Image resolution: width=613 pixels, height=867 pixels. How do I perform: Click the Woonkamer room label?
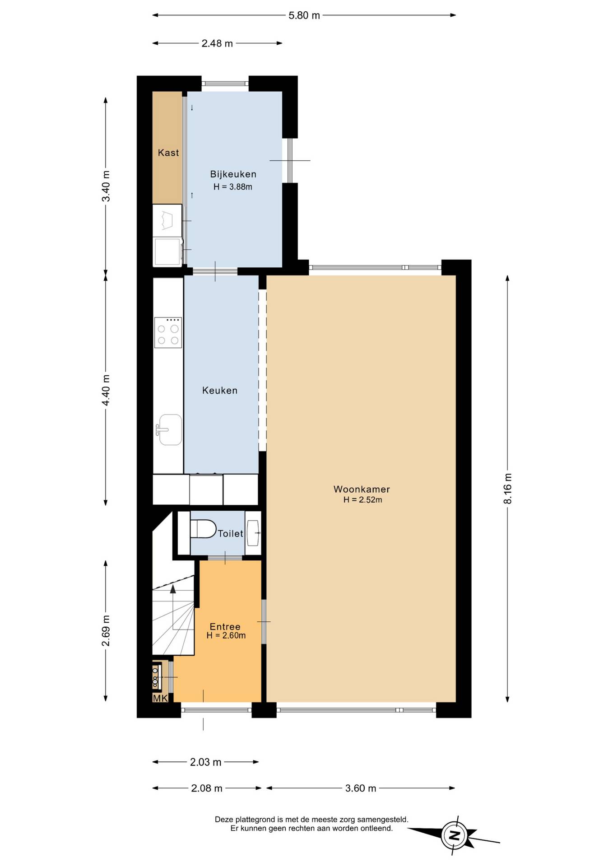click(x=362, y=489)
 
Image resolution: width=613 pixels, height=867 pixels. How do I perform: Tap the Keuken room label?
click(x=220, y=391)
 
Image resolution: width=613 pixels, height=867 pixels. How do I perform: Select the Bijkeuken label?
click(x=233, y=174)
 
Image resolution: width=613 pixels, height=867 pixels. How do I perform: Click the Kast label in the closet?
click(x=168, y=153)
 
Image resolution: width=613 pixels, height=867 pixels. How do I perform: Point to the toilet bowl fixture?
click(x=203, y=529)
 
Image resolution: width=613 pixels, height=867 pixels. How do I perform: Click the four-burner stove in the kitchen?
click(x=168, y=333)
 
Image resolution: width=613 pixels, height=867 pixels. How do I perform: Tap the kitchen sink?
click(x=170, y=429)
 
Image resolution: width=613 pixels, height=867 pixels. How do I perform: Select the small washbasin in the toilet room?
click(x=253, y=533)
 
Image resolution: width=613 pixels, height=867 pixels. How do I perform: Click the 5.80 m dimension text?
click(x=304, y=15)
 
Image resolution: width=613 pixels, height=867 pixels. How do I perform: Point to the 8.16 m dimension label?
click(x=508, y=489)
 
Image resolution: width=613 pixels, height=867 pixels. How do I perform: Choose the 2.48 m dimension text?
click(x=217, y=43)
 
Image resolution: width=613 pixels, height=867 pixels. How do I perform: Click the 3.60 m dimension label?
click(x=361, y=788)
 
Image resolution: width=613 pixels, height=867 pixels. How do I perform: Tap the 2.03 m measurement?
click(x=206, y=762)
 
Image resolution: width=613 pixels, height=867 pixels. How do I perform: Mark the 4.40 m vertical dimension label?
click(x=106, y=390)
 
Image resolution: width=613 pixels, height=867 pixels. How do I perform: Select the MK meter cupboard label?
click(x=160, y=699)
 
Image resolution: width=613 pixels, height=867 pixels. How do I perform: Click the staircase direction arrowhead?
click(x=173, y=588)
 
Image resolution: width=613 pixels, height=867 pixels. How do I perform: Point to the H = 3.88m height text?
click(x=233, y=187)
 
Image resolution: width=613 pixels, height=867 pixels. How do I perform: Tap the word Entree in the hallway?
click(x=225, y=627)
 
